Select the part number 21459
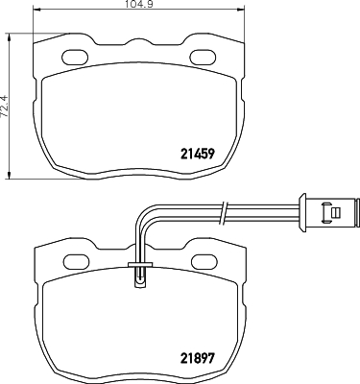tap(198, 155)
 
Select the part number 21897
tap(198, 358)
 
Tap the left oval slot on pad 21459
tap(75, 57)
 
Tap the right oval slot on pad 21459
tap(203, 57)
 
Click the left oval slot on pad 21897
tap(77, 261)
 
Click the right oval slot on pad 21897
tap(204, 261)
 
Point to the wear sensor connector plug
tap(329, 212)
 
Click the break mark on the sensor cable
tap(225, 212)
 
